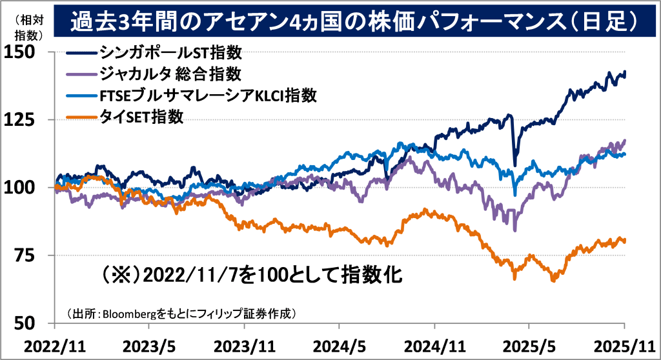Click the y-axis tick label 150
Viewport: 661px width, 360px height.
tap(21, 52)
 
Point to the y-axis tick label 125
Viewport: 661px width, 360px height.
tap(21, 120)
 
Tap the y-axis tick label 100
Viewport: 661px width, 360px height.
tap(21, 188)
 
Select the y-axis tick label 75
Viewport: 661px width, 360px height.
tap(26, 255)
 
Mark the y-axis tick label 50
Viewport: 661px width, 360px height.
tap(26, 323)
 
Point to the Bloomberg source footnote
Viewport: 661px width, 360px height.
tap(181, 314)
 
